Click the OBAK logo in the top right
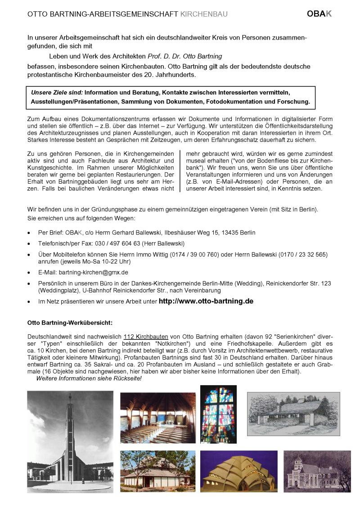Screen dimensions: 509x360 (319, 14)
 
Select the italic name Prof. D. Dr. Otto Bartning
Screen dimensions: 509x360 (185, 56)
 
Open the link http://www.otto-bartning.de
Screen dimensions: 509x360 (206, 301)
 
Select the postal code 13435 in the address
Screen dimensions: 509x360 (226, 233)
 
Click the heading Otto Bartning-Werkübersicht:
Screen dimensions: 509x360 (71, 323)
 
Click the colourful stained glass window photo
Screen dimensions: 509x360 (218, 414)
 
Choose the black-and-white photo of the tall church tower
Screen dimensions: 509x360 (70, 441)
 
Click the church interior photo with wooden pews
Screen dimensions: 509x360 (157, 418)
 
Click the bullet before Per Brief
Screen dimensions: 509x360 (29, 233)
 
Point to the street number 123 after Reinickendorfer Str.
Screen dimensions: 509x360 (325, 283)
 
